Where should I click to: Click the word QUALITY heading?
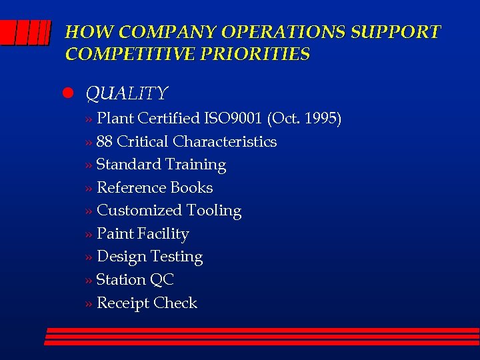coord(127,93)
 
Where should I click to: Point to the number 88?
coord(105,142)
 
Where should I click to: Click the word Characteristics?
coord(225,142)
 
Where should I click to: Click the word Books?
coord(191,188)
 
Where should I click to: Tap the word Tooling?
coord(214,211)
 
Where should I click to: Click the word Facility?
coord(163,234)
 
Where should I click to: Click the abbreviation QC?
coord(162,280)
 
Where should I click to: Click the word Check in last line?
coord(175,303)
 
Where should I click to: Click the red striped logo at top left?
coord(25,33)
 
